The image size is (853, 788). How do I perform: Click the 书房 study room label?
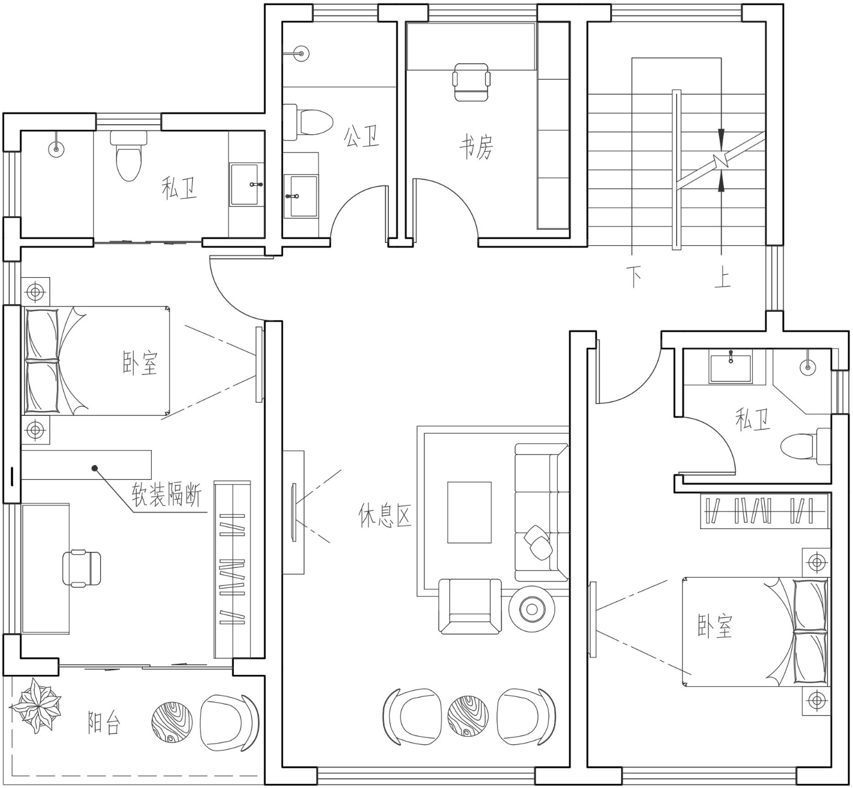tap(476, 148)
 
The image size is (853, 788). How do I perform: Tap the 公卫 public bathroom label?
tap(361, 137)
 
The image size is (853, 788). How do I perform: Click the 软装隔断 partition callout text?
tap(166, 494)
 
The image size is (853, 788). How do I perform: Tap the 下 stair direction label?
tap(634, 277)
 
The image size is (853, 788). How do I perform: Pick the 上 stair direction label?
tap(722, 277)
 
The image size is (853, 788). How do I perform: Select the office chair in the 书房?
tap(471, 82)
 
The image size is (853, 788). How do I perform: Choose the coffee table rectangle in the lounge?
tap(470, 513)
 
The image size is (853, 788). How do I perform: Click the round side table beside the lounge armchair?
tap(532, 609)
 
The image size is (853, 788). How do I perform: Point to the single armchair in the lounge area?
tap(470, 606)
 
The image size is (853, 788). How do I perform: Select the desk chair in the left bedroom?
tap(82, 568)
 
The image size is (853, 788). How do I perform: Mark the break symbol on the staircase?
tap(721, 160)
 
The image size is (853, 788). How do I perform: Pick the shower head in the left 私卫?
tap(56, 148)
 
